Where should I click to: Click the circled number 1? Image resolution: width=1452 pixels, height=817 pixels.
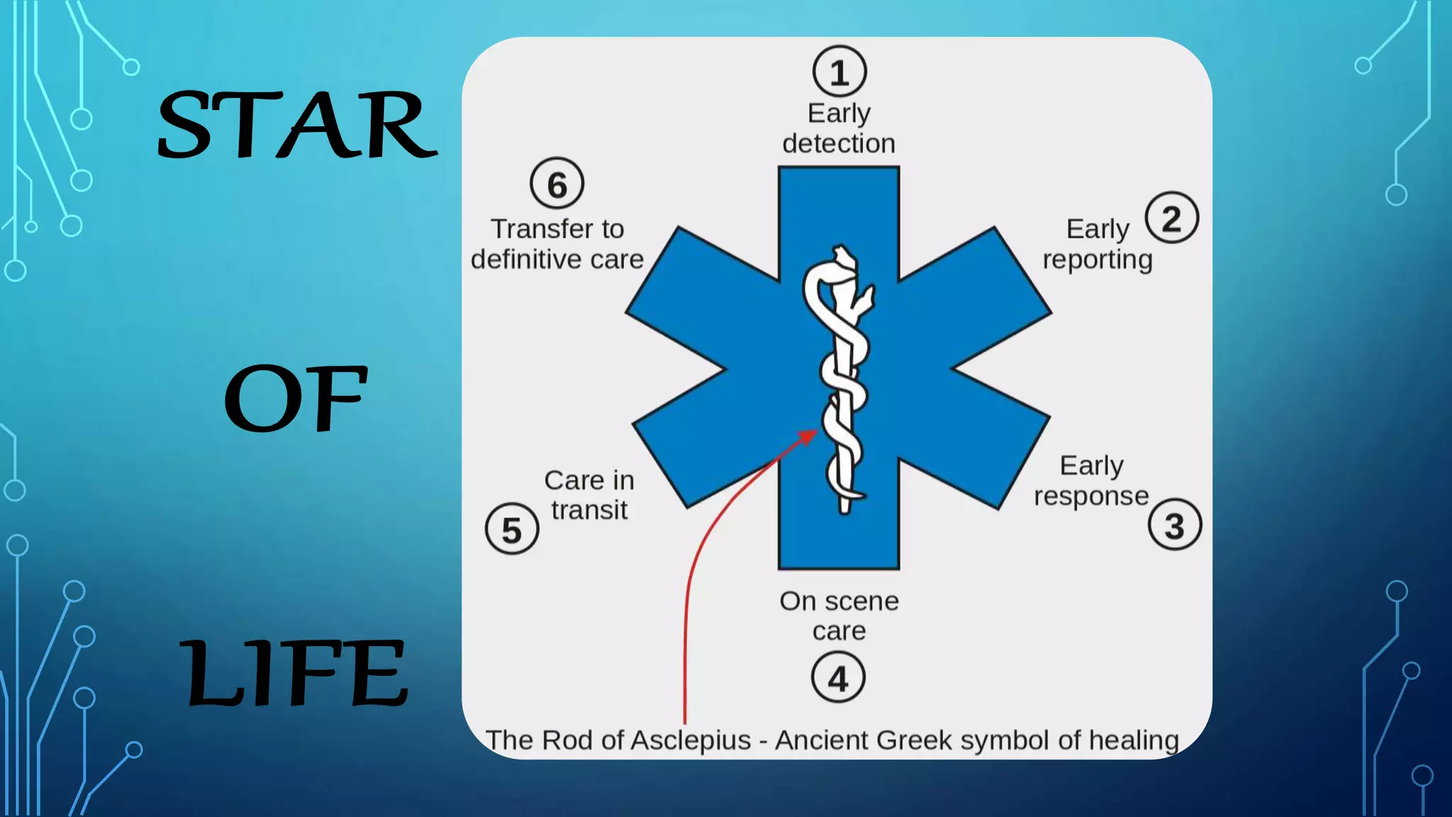pos(839,72)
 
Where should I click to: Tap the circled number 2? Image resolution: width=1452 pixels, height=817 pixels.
pos(1171,218)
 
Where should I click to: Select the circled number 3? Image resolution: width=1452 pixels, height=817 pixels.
pos(1174,526)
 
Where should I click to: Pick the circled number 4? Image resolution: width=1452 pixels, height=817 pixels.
pos(838,678)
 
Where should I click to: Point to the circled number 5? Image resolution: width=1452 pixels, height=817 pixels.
pos(512,529)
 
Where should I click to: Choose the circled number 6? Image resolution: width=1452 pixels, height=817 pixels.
pos(557,184)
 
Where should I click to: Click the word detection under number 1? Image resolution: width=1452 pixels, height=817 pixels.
pos(839,144)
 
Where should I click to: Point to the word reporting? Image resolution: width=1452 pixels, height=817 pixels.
pos(1097,260)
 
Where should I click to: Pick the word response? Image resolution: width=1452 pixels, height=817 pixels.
pos(1091,496)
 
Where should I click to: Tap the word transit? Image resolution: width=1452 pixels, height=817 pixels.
pos(589,510)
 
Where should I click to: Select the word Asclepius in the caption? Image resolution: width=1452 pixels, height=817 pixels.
pos(690,740)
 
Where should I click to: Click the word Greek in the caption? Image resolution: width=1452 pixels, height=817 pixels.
pos(914,740)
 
